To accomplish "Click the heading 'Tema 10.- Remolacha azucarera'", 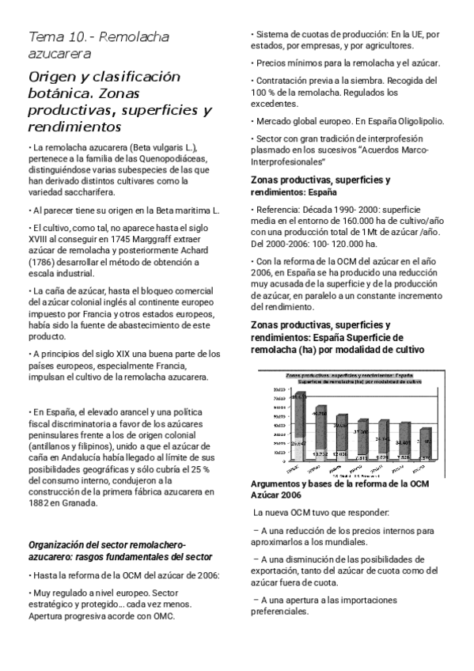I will click(x=98, y=45).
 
